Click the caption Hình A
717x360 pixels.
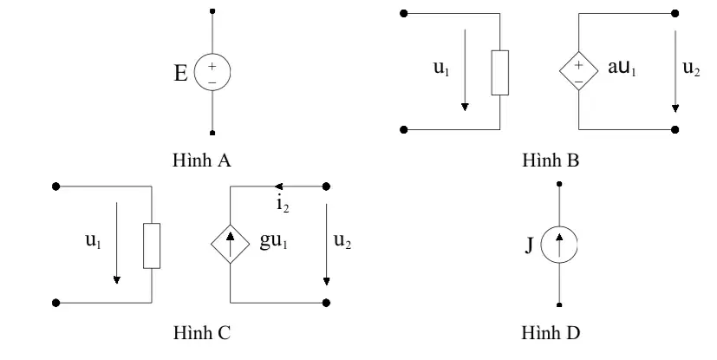point(202,160)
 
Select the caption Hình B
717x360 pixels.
point(551,160)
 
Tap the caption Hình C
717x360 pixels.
point(202,332)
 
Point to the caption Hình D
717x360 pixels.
point(551,332)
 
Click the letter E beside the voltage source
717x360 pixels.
point(180,73)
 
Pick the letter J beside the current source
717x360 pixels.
point(529,245)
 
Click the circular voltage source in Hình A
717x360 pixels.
point(212,72)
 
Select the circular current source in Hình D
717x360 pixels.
point(559,245)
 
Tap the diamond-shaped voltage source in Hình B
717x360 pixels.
point(578,70)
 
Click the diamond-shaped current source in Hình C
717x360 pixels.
point(230,244)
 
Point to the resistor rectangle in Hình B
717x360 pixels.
point(499,73)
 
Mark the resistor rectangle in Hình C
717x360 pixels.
point(152,245)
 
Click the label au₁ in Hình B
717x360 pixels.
point(622,68)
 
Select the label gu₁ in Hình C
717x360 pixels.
point(273,240)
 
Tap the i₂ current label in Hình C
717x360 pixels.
point(283,204)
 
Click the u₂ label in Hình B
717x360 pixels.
point(691,68)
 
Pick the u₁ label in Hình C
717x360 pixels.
point(94,240)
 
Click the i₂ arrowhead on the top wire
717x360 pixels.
point(278,187)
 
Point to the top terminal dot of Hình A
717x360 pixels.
point(212,11)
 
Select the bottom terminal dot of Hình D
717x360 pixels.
point(559,304)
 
